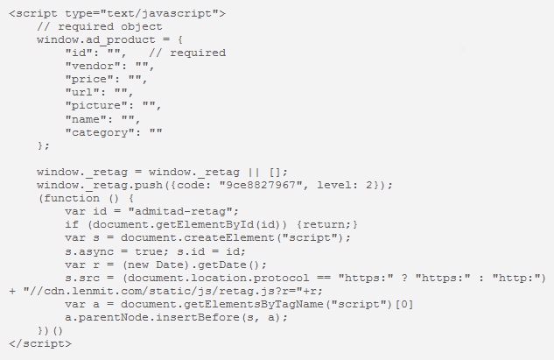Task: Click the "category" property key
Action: [x=101, y=131]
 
